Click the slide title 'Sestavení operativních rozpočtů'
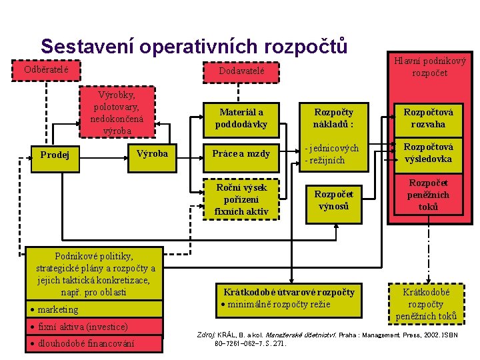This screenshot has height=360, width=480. pos(193,47)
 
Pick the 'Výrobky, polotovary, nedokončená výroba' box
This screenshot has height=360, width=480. pos(117,111)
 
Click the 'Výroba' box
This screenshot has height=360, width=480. pos(152,154)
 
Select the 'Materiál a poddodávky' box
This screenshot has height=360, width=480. pos(241,118)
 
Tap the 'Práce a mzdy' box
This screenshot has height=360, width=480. pos(241,154)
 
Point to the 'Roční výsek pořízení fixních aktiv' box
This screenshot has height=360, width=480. pos(241,199)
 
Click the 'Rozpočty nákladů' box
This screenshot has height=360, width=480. pos(333,118)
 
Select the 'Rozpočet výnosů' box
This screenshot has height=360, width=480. pos(333,199)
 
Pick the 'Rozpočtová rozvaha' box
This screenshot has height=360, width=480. pos(429,118)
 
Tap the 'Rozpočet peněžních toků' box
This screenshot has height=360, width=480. pos(429,195)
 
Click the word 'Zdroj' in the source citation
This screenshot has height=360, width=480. pos(203,334)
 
